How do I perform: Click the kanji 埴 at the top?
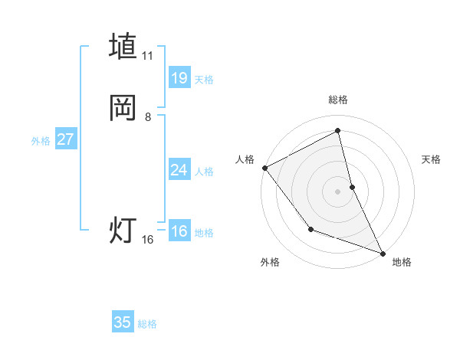click(123, 47)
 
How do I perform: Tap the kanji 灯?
click(123, 231)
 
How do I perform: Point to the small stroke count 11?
click(147, 56)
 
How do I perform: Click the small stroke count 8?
click(148, 117)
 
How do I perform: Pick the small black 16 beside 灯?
click(147, 240)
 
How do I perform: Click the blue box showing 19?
click(179, 77)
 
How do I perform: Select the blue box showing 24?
click(179, 170)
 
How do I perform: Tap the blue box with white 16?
click(179, 231)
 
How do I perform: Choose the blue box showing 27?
click(66, 139)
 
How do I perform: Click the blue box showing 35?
click(123, 322)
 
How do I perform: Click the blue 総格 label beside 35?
click(147, 324)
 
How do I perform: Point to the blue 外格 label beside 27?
click(41, 141)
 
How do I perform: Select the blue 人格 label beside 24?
click(204, 172)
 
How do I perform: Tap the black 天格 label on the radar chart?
click(432, 159)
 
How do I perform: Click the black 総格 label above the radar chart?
click(338, 100)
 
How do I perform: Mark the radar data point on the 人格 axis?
click(264, 168)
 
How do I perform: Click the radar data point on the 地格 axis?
click(383, 252)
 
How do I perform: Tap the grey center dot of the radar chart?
click(338, 191)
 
